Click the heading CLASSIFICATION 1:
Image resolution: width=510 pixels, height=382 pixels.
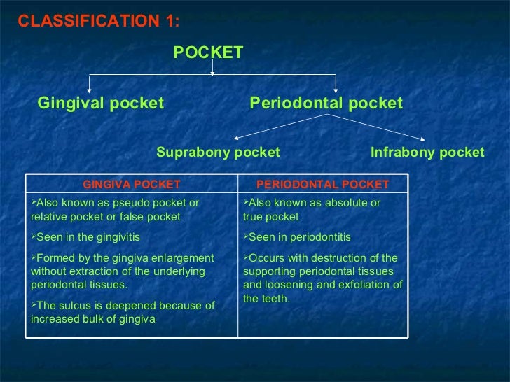(x=99, y=21)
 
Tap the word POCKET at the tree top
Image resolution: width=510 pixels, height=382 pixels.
(x=208, y=52)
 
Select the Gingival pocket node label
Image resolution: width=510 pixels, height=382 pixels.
(x=100, y=104)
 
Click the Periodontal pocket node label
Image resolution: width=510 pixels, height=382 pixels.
(x=326, y=104)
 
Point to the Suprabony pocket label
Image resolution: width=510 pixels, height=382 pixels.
(x=218, y=153)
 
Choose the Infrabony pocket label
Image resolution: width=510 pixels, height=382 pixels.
(x=427, y=153)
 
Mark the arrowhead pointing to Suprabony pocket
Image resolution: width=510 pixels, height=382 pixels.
(x=236, y=136)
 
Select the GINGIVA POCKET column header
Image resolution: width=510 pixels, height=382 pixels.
(x=132, y=185)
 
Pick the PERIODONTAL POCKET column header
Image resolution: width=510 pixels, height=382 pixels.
(x=323, y=185)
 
